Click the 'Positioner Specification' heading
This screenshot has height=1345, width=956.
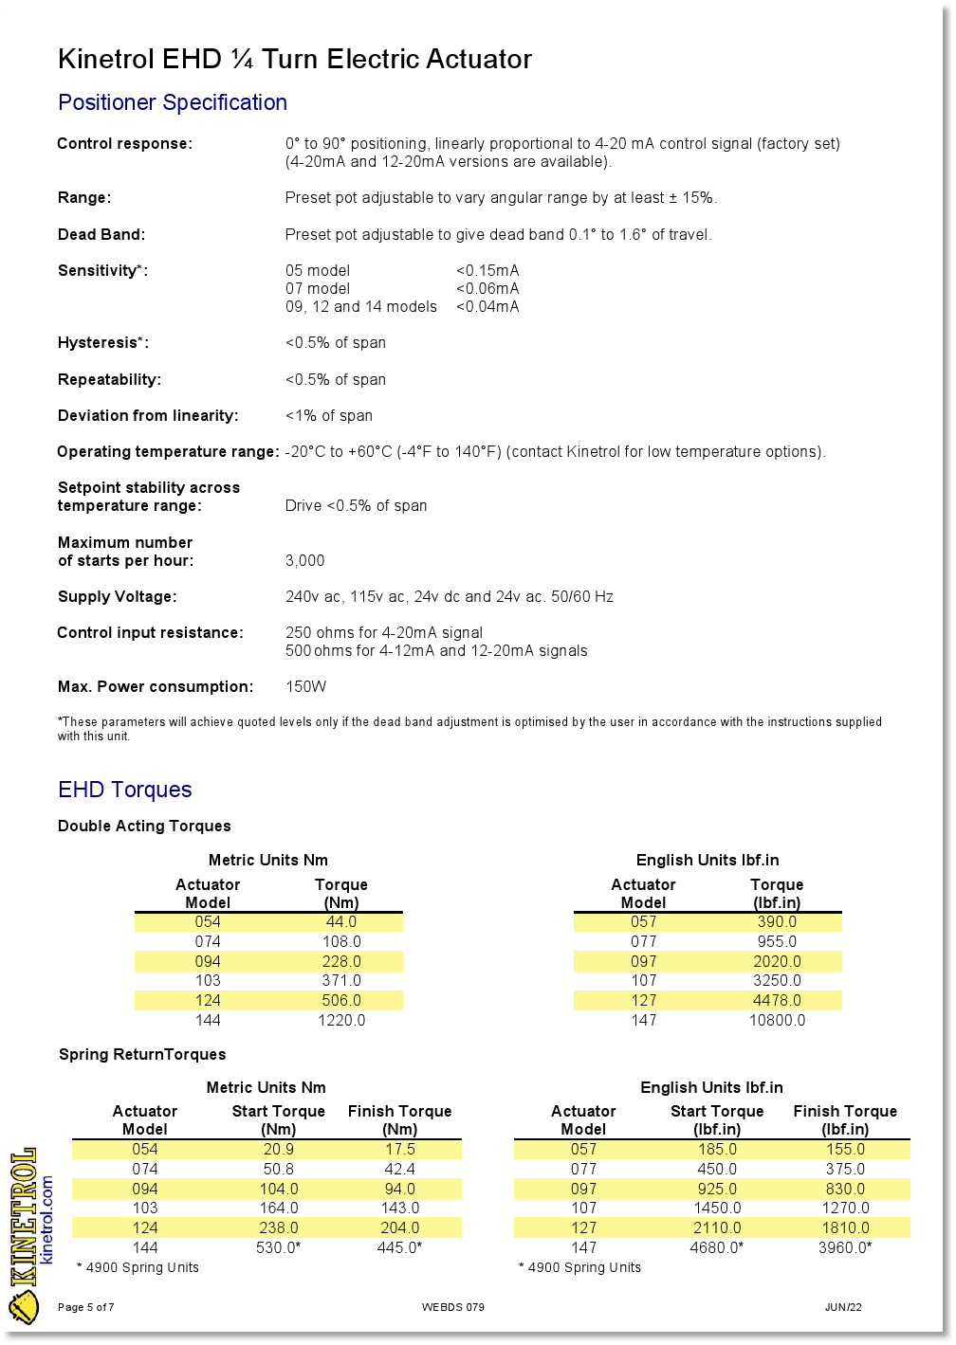click(173, 102)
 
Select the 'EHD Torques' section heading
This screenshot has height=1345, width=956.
click(125, 790)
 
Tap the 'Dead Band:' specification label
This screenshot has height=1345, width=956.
click(101, 234)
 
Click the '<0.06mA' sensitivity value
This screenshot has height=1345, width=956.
click(487, 288)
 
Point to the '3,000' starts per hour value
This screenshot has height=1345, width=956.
click(305, 560)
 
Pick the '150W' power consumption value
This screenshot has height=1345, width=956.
click(306, 686)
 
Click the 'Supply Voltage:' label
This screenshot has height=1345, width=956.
click(117, 596)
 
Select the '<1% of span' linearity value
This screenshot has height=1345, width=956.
click(329, 415)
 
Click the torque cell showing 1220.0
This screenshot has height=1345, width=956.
click(341, 1020)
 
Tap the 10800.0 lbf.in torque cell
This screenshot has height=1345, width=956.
click(777, 1020)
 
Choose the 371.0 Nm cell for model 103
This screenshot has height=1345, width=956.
click(341, 980)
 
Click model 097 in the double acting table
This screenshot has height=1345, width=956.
click(644, 961)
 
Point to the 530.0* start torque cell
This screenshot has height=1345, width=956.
click(279, 1247)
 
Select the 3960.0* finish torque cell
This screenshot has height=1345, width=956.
click(845, 1247)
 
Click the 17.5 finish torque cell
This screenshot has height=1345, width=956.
click(399, 1149)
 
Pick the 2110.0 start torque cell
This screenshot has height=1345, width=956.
click(717, 1227)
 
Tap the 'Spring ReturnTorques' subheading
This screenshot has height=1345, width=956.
click(142, 1054)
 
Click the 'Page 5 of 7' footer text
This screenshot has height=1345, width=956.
click(86, 1307)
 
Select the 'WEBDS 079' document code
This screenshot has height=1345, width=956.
click(453, 1307)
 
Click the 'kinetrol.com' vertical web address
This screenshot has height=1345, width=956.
click(47, 1219)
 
